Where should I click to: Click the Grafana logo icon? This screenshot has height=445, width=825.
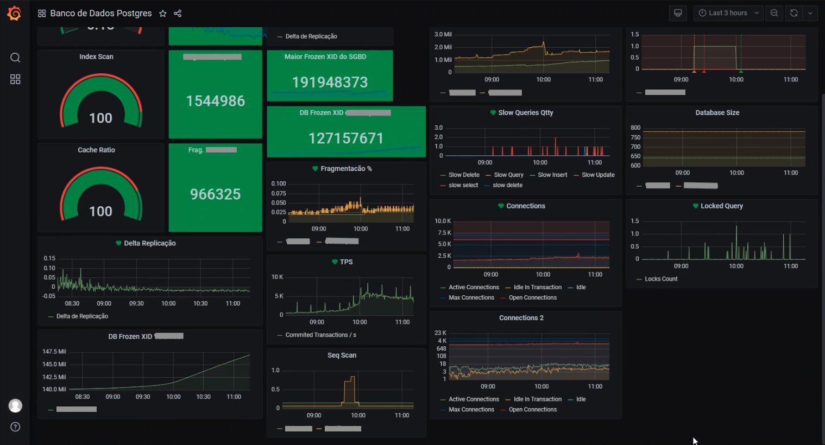(14, 13)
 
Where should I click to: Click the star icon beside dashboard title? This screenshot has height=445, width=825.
(162, 14)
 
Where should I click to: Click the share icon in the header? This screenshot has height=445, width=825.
(178, 14)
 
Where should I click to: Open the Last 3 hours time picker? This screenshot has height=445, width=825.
(728, 13)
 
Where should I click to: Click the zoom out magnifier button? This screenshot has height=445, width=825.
(774, 13)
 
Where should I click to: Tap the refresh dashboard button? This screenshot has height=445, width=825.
(794, 13)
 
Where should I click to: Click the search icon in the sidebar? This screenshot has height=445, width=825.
(15, 58)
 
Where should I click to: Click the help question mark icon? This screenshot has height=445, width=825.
(15, 427)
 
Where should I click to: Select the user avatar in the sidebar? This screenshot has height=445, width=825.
(15, 405)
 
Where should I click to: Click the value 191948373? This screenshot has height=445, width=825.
(330, 82)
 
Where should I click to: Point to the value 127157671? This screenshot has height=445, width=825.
(346, 138)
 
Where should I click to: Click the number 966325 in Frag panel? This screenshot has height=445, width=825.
(215, 194)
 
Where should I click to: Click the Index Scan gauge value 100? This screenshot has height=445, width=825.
(100, 118)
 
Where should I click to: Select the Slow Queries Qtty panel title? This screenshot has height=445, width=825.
(525, 113)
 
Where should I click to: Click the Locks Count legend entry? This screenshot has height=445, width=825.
(661, 279)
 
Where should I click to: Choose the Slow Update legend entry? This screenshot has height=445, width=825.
(598, 175)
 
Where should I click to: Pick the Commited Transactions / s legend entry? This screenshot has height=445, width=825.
(320, 335)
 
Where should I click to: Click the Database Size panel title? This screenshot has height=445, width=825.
(717, 113)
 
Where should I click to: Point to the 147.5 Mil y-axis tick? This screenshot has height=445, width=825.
(54, 352)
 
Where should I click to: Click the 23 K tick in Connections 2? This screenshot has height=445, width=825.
(440, 333)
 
